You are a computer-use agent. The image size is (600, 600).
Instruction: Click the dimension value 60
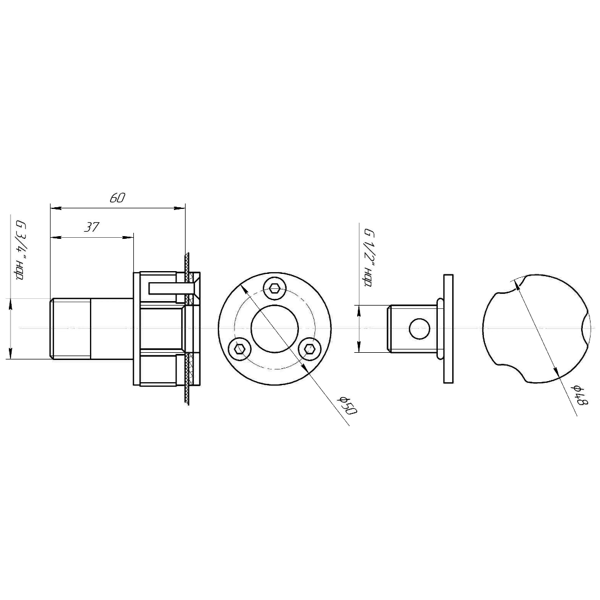coord(117,198)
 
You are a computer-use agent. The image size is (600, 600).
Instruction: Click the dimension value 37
coord(92,227)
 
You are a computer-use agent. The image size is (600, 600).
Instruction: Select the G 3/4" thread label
coord(19,250)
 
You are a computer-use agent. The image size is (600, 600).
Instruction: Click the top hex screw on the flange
coord(275,288)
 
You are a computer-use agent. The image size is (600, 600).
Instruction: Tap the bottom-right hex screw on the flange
coord(309,348)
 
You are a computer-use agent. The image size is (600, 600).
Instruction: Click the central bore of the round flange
coord(275,328)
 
